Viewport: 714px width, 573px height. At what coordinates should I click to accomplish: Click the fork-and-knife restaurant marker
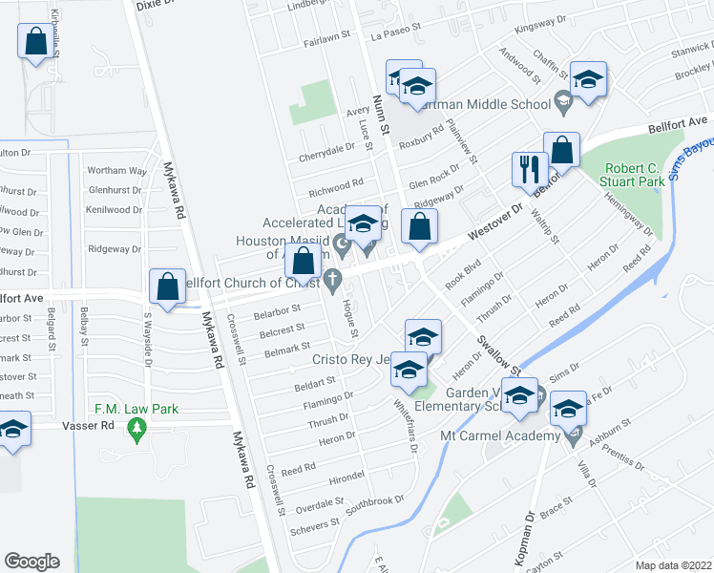pyautogui.click(x=527, y=171)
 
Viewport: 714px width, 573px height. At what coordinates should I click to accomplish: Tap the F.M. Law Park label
pyautogui.click(x=136, y=410)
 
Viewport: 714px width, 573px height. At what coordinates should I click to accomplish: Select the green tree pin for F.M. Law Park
pyautogui.click(x=137, y=431)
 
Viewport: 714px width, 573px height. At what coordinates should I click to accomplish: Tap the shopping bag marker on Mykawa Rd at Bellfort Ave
pyautogui.click(x=167, y=287)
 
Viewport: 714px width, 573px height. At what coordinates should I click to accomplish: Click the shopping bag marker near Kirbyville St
pyautogui.click(x=35, y=43)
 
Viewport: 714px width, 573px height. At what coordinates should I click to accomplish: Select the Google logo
pyautogui.click(x=31, y=561)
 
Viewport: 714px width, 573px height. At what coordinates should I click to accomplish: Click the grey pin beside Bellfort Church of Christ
pyautogui.click(x=333, y=281)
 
